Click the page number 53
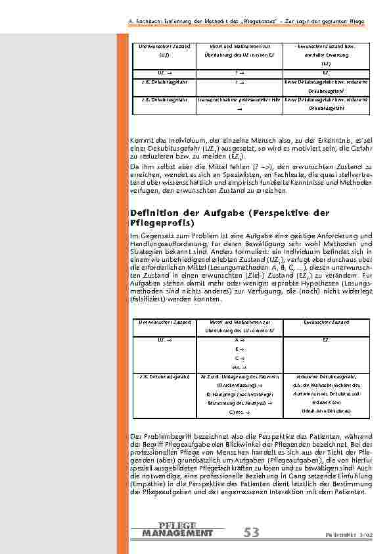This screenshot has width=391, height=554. click(252, 532)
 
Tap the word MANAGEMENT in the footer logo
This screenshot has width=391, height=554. click(177, 533)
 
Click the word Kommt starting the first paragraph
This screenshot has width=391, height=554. click(139, 140)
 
